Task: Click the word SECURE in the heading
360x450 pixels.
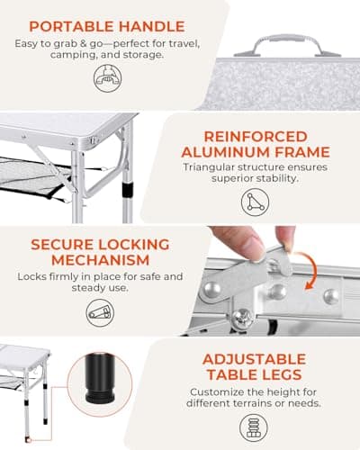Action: coord(59,244)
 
